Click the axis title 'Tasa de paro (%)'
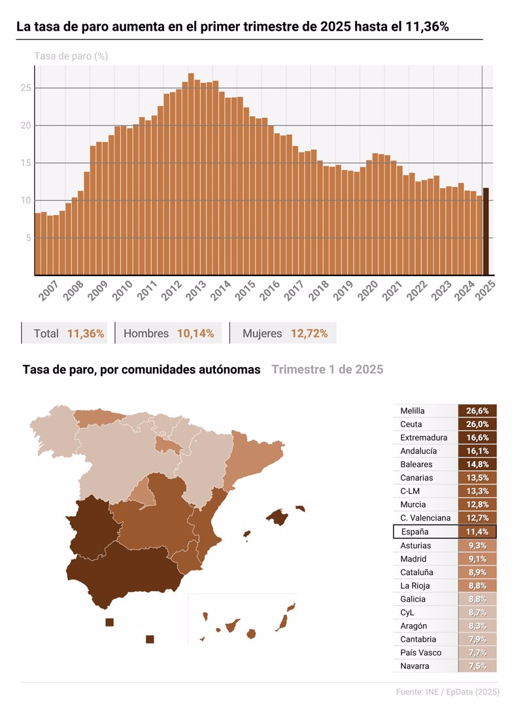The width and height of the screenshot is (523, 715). click(71, 56)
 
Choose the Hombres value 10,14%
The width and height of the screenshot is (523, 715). click(195, 334)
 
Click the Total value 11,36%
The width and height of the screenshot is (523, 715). click(86, 334)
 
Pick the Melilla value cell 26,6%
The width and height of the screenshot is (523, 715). click(477, 411)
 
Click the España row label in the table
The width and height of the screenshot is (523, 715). click(414, 532)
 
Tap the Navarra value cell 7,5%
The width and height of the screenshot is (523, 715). click(477, 666)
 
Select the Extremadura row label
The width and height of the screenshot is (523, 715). click(424, 438)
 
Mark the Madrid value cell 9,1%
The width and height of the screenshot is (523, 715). click(477, 559)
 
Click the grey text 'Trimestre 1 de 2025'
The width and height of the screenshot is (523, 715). click(327, 370)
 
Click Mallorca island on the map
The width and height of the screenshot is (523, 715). click(278, 517)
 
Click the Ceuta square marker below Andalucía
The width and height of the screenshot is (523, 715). click(109, 622)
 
